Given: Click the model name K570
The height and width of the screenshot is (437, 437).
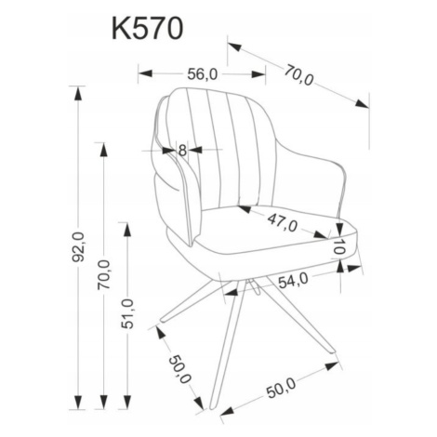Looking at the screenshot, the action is (x=148, y=28).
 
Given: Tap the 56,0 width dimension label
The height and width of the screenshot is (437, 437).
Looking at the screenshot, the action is (x=203, y=74).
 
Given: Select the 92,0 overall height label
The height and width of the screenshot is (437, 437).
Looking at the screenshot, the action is (x=78, y=246).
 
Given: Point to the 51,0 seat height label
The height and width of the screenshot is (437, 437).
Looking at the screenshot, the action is (x=127, y=313).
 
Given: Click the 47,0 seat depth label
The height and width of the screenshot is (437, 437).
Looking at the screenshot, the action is (x=283, y=223).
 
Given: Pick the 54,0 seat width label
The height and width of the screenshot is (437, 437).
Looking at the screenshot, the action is (x=293, y=280).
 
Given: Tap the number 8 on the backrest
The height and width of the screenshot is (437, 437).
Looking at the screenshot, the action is (x=182, y=151).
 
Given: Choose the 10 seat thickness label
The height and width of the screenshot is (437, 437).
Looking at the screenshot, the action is (x=339, y=246).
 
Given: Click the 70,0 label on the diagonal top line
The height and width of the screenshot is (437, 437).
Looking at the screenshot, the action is (x=299, y=74).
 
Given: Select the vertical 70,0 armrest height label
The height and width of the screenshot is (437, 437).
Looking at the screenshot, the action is (x=104, y=274).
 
